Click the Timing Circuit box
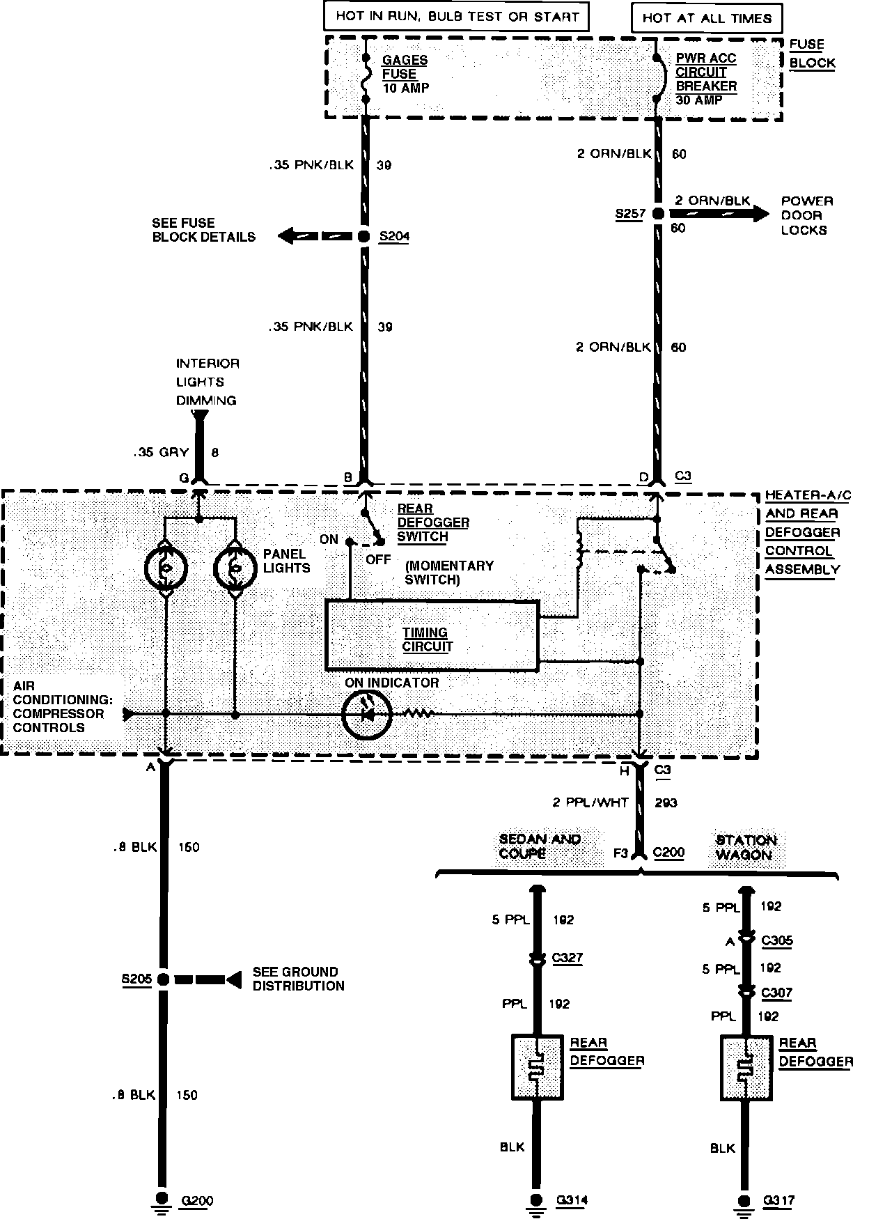coord(432,636)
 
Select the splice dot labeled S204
coord(363,237)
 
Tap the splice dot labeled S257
coord(657,215)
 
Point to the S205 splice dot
coord(163,979)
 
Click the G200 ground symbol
coord(162,1199)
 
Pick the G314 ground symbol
coord(535,1199)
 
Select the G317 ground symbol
coord(745,1199)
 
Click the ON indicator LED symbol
coord(366,714)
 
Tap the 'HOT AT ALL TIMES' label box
coord(707,18)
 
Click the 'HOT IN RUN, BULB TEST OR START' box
coord(457,16)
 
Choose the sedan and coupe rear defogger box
coord(537,1067)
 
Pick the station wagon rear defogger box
coord(746,1067)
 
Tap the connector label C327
coord(567,958)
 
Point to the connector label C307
coord(776,993)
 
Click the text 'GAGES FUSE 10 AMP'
coord(405,74)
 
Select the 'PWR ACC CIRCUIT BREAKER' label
coord(706,72)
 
